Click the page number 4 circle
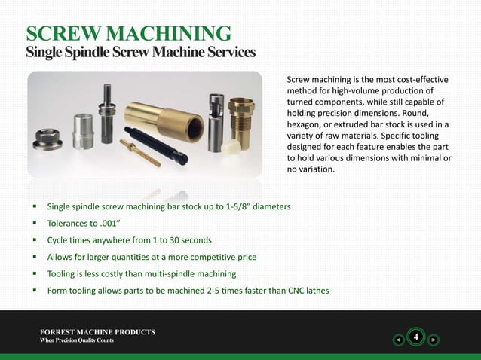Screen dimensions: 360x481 414,337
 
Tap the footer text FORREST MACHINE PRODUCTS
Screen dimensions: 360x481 98,331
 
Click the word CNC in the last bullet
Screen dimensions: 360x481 290,291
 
